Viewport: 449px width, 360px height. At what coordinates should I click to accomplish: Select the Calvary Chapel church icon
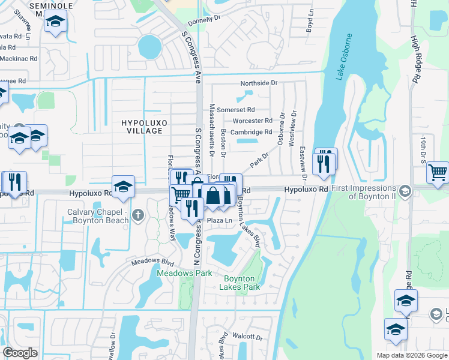pyautogui.click(x=138, y=215)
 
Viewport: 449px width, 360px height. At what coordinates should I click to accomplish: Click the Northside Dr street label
pyautogui.click(x=259, y=83)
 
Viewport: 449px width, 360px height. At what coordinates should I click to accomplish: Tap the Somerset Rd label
pyautogui.click(x=236, y=110)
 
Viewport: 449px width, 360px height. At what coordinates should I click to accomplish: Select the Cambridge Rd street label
pyautogui.click(x=252, y=132)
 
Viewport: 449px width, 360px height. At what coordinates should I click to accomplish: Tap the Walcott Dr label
pyautogui.click(x=248, y=338)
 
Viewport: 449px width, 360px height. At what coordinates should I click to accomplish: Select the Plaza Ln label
pyautogui.click(x=220, y=221)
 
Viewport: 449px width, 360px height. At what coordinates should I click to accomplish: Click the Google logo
pyautogui.click(x=20, y=353)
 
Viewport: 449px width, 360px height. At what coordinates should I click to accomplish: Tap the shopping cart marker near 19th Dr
pyautogui.click(x=438, y=173)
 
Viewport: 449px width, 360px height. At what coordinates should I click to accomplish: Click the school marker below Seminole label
pyautogui.click(x=56, y=22)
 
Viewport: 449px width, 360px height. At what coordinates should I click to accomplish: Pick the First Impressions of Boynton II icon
pyautogui.click(x=405, y=191)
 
